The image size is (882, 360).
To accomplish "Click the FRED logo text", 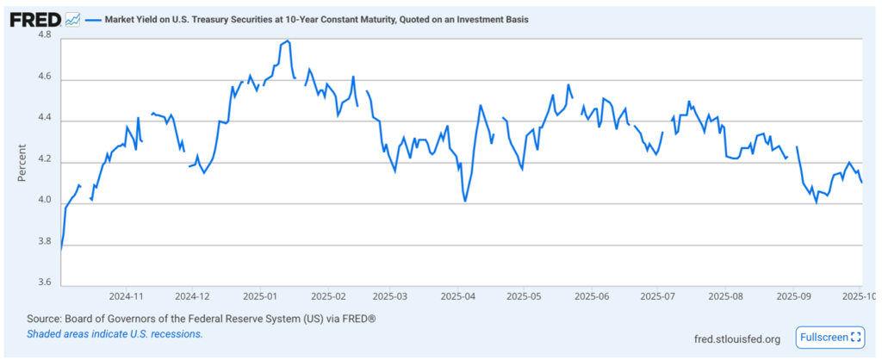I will coord(34,18).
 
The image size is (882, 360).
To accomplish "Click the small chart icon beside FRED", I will coord(71,19).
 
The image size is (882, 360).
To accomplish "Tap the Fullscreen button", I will coord(829,338).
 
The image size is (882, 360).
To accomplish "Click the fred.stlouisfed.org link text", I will coord(736,338).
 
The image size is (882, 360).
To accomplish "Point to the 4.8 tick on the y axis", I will coord(45,35).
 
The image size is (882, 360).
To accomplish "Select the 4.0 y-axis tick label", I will coord(45,203).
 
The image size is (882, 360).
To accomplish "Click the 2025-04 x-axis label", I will coord(458,295).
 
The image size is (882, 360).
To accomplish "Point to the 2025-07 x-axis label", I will coord(656,295).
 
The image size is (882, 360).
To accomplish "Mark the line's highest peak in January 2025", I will coord(287,40).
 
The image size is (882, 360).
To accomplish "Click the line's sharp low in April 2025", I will coord(465,201).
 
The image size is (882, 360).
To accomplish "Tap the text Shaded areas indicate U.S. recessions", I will coord(115,333).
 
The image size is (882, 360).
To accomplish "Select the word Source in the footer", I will coord(46,319).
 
